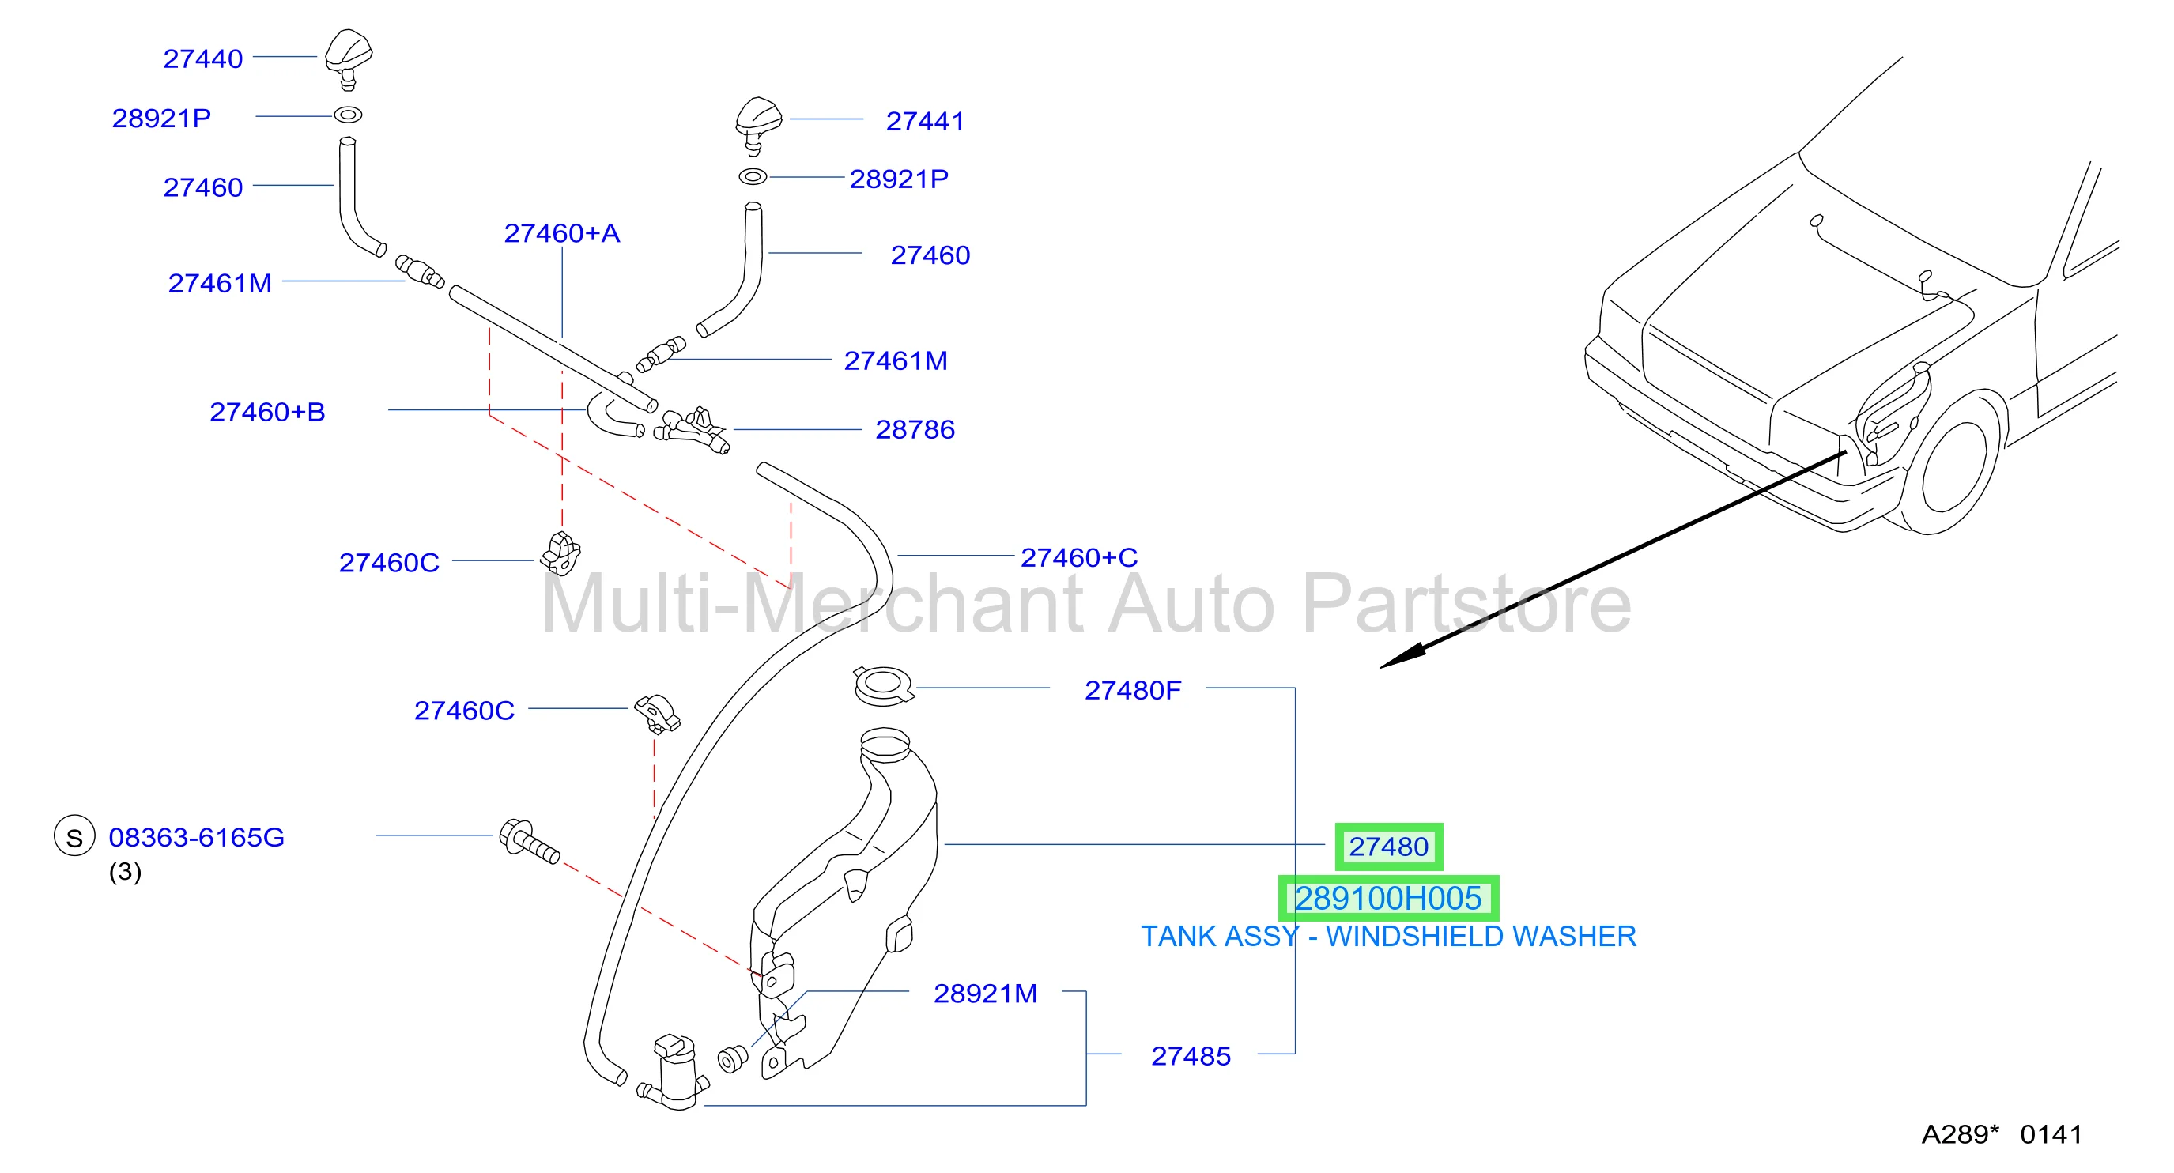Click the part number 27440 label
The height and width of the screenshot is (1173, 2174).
[x=202, y=59]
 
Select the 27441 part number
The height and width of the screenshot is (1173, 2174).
[x=925, y=122]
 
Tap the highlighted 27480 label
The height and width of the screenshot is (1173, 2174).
[x=1388, y=847]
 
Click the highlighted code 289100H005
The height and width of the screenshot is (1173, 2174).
[x=1388, y=899]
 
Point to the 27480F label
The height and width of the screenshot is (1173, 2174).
[x=1133, y=690]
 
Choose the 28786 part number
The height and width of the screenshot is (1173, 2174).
[x=915, y=429]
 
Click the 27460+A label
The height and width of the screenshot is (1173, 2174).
[x=562, y=233]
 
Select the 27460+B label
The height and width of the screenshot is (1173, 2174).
[x=267, y=412]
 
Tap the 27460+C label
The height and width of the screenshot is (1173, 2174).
[x=1079, y=558]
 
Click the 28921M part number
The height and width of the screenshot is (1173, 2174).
[x=985, y=994]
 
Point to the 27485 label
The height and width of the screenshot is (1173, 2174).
[x=1191, y=1057]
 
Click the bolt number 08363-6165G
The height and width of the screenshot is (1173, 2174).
[x=197, y=837]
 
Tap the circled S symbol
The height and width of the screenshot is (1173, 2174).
[x=74, y=836]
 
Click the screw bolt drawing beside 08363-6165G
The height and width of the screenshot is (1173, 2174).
[x=529, y=841]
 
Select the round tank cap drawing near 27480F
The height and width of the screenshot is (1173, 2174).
[x=884, y=685]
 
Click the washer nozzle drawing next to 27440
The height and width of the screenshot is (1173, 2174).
[x=349, y=59]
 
